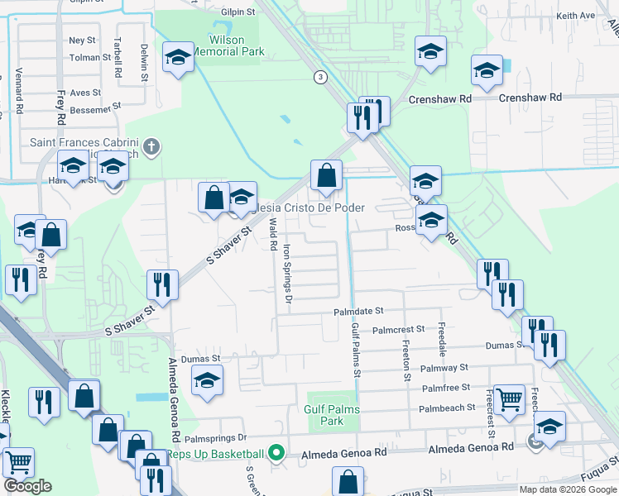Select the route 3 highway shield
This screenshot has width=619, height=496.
[x=319, y=77]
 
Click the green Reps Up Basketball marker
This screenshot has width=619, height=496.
[x=277, y=453]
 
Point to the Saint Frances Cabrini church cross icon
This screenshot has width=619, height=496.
[x=151, y=147]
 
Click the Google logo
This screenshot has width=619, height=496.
[x=27, y=486]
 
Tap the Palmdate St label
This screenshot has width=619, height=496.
[x=359, y=311]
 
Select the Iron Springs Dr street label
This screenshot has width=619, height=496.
[x=288, y=274]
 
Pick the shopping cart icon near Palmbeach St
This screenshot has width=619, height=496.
[x=508, y=398]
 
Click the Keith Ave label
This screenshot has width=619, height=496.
[x=576, y=16]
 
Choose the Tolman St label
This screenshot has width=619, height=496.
[x=90, y=58]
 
